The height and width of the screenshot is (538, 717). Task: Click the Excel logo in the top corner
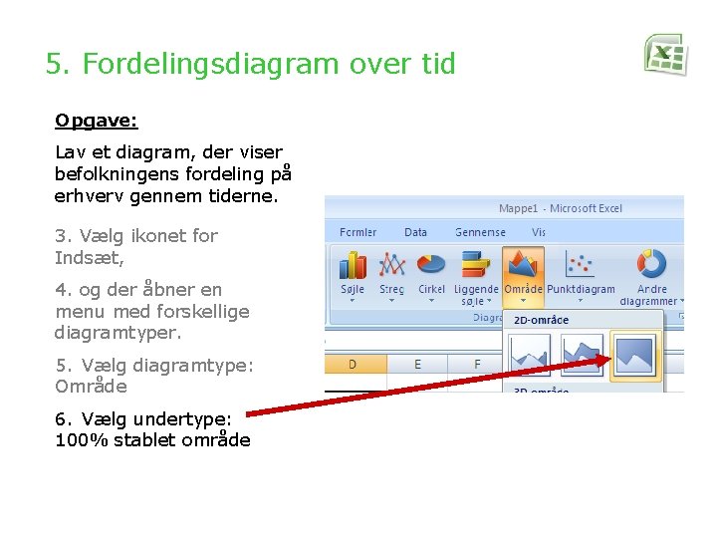coord(665,54)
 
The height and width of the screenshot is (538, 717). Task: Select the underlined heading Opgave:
coord(96,121)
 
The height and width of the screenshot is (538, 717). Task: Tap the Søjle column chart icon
coord(353,265)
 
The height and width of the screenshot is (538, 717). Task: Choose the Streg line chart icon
coord(392,265)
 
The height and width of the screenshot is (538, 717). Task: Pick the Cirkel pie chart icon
coord(431,264)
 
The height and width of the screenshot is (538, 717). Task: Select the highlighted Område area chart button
coord(523,264)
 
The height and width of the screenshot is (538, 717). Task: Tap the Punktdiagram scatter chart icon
coord(581,264)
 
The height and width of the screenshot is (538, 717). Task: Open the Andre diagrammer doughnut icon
coord(652,264)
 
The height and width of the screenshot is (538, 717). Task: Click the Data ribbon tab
coord(415,232)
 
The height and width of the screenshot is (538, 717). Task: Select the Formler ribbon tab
coord(358,232)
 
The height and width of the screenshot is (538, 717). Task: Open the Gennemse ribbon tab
coord(480,232)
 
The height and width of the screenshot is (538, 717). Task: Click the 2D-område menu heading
coord(542,320)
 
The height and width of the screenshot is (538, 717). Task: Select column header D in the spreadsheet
coord(353,364)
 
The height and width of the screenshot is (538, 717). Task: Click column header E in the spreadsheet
coord(417,364)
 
